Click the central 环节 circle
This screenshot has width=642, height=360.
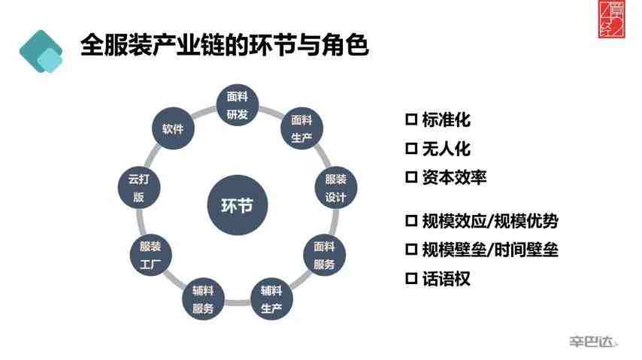pos(238,204)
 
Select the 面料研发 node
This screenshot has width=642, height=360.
pos(238,105)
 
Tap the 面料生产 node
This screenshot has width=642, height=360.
pos(301,129)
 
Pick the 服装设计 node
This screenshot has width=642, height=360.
pos(336,188)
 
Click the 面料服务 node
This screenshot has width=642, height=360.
pos(324,255)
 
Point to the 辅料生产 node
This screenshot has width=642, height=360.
pos(271,299)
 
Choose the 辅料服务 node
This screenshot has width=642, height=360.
pos(203,299)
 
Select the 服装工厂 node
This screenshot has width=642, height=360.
pos(150,255)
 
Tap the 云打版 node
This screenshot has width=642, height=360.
pos(139,188)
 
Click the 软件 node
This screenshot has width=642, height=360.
pos(173,129)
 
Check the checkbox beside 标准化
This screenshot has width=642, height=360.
pos(411,119)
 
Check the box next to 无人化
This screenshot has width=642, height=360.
pos(411,148)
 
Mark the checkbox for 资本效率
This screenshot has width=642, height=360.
pos(411,177)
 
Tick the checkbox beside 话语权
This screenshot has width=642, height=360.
pos(411,279)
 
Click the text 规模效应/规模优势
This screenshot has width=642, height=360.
pos(490,221)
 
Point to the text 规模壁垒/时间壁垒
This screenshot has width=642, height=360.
pos(490,250)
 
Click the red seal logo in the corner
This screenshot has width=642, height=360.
pos(612,20)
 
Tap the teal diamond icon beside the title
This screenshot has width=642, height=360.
pos(41,51)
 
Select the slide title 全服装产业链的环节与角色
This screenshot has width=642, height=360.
pos(224,44)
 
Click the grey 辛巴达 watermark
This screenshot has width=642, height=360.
pos(593,341)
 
